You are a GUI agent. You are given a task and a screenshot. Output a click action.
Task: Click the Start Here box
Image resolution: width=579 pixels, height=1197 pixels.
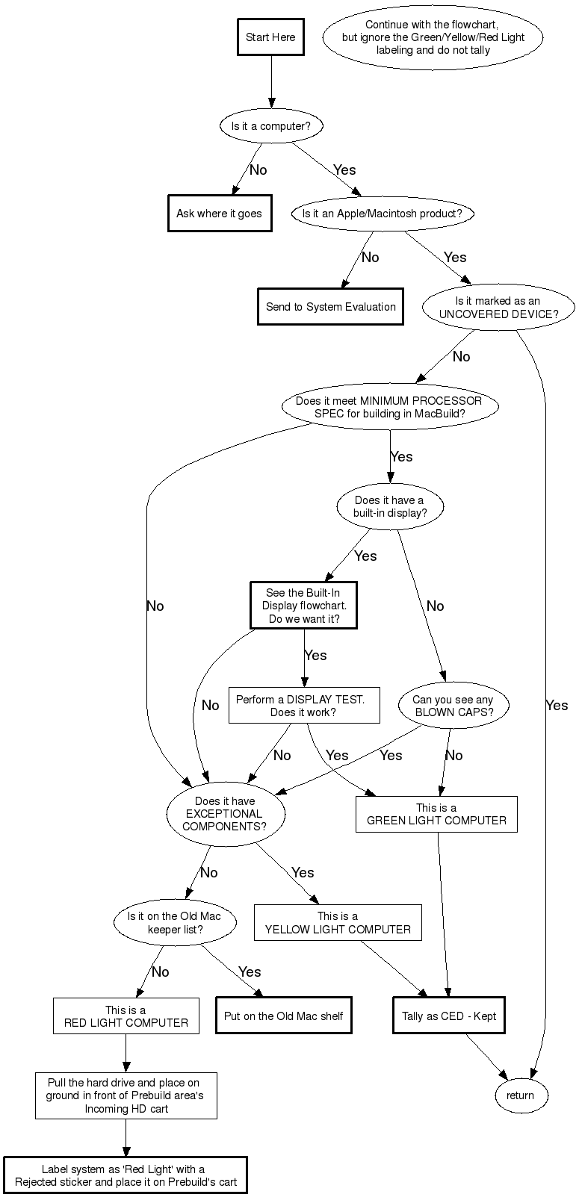coord(270,37)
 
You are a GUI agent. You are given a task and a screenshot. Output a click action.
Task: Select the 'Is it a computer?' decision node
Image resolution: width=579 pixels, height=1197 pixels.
coord(270,126)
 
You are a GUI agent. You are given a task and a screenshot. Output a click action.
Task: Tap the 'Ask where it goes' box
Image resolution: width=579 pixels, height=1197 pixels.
coord(219,214)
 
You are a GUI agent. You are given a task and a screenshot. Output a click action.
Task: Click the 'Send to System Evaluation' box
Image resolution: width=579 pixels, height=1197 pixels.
coord(330,307)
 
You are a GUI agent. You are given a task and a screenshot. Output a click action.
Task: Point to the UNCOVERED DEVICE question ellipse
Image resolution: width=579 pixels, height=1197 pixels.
coord(498,308)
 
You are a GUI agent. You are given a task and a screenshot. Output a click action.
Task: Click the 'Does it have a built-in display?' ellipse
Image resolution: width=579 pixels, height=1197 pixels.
coord(388,507)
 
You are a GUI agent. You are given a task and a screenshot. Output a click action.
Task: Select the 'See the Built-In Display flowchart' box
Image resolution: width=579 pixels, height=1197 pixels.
coord(303,606)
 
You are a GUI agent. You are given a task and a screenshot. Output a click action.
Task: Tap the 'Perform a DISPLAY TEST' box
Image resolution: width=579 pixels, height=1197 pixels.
coord(303,706)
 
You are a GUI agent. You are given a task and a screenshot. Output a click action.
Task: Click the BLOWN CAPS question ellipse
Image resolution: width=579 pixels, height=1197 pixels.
coord(453,706)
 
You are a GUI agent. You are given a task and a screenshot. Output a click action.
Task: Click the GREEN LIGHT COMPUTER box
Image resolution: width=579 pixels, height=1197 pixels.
coord(436,814)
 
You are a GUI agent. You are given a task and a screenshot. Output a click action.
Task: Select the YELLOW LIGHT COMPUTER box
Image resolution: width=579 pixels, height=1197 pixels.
coord(338,923)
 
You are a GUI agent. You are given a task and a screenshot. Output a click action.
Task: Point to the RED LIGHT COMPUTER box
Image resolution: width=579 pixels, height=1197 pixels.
coord(126,1016)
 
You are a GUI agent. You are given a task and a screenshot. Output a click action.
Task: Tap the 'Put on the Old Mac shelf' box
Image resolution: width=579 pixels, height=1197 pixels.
coord(283,1016)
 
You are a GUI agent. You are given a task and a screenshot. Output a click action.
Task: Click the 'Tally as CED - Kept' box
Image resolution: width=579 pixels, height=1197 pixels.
coord(449,1016)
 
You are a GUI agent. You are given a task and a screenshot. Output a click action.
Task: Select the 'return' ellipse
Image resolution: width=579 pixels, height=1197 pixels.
coord(520,1095)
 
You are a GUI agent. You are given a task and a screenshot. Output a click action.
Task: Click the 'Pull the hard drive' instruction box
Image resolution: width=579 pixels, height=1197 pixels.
coord(126,1095)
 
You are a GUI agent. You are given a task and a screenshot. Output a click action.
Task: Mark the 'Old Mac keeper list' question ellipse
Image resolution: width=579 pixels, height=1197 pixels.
coord(175,923)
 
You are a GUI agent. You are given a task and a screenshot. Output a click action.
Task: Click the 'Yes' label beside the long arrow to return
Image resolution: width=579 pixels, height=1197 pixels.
coord(557,706)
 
